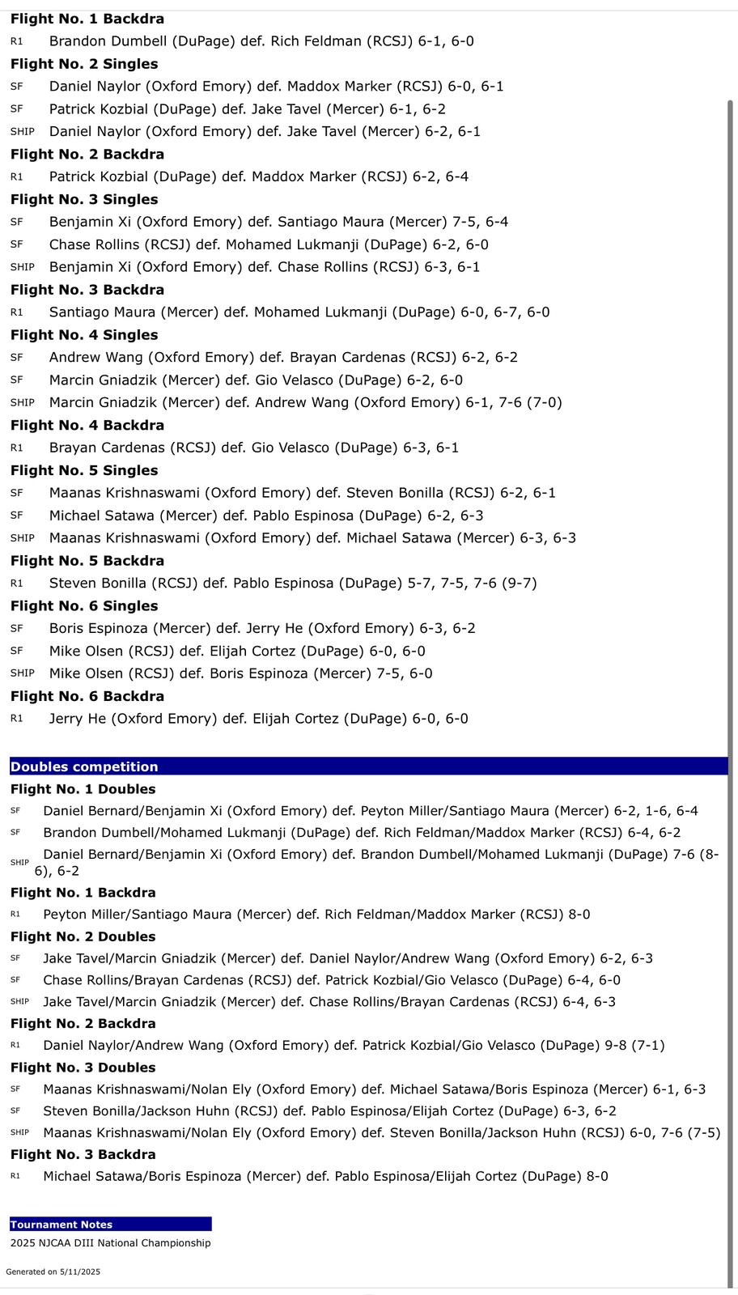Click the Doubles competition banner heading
(x=84, y=766)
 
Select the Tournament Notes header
(x=61, y=1225)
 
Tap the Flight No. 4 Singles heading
(x=84, y=335)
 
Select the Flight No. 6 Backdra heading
(x=87, y=696)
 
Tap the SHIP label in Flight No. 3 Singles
(x=22, y=267)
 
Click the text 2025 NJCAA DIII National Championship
(x=110, y=1243)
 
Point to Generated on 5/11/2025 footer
(x=53, y=1272)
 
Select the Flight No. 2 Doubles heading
(x=83, y=936)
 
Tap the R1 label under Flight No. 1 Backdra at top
(x=16, y=41)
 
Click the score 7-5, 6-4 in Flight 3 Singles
(x=481, y=222)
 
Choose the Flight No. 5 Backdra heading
(x=87, y=561)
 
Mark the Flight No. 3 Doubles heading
(x=83, y=1068)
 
